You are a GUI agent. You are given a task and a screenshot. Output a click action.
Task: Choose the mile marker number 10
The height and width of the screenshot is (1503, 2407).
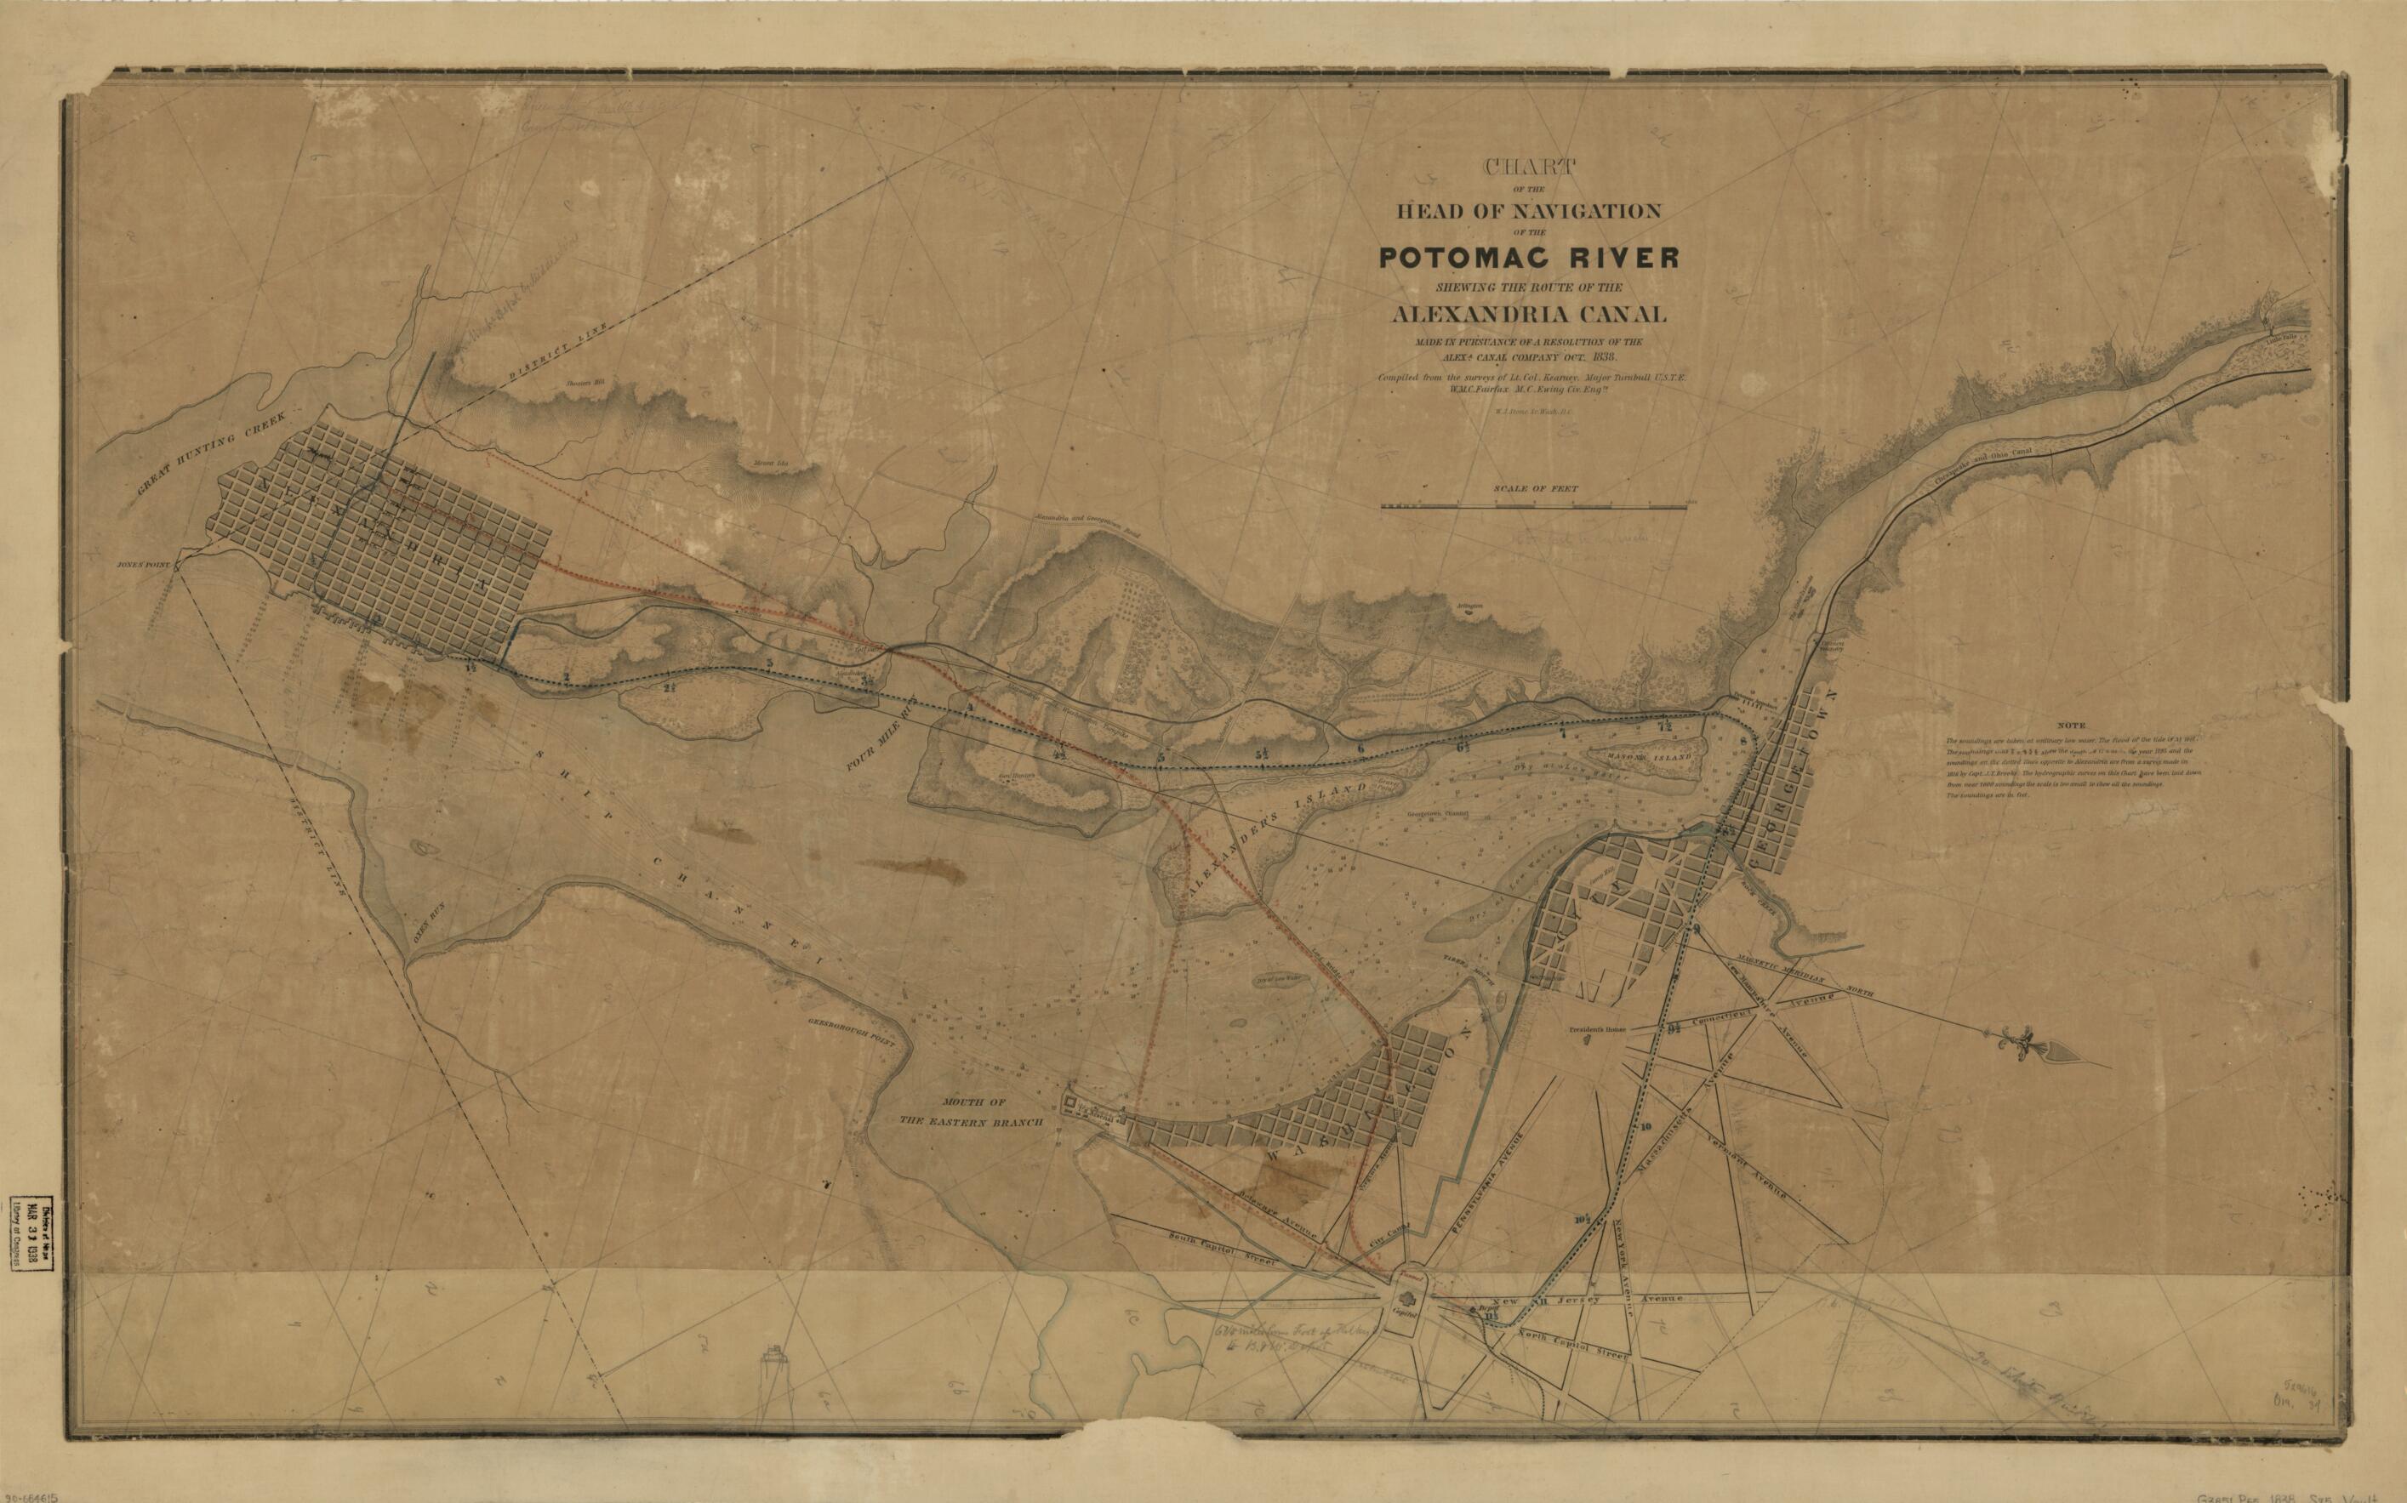point(1647,1127)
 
